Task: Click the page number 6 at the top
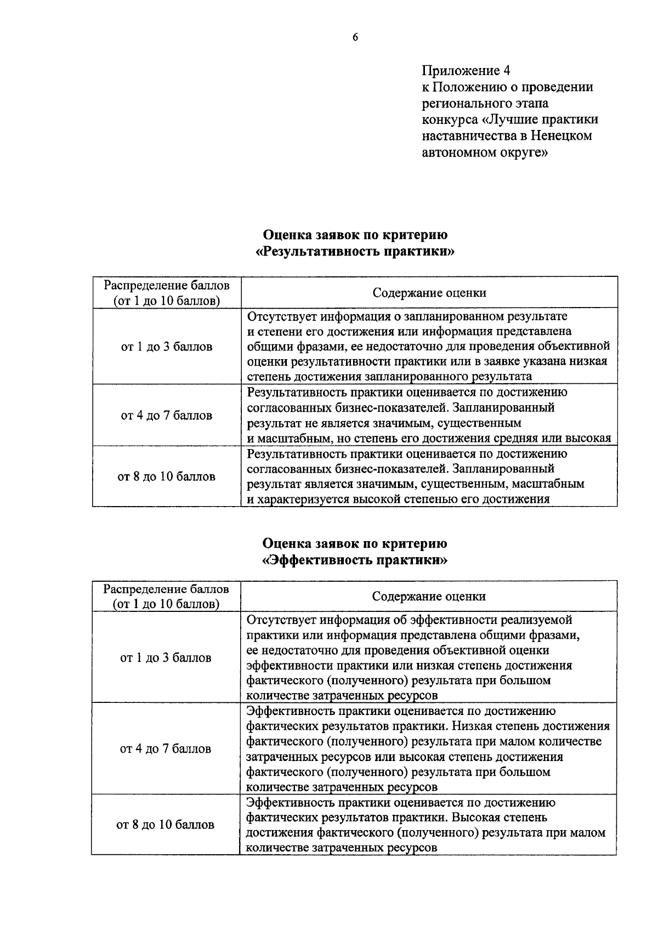355,37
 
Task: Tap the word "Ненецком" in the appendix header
561,136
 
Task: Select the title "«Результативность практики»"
355,252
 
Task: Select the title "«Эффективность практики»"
355,560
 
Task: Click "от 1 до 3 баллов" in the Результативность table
167,347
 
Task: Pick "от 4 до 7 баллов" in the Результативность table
167,416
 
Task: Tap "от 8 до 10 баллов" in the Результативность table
167,476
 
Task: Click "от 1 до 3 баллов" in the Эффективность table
166,657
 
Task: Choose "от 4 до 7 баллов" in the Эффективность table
166,748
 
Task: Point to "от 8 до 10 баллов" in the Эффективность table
166,825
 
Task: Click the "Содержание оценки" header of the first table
429,293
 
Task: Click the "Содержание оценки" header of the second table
429,597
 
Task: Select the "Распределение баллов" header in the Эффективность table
167,589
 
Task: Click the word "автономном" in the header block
457,152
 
